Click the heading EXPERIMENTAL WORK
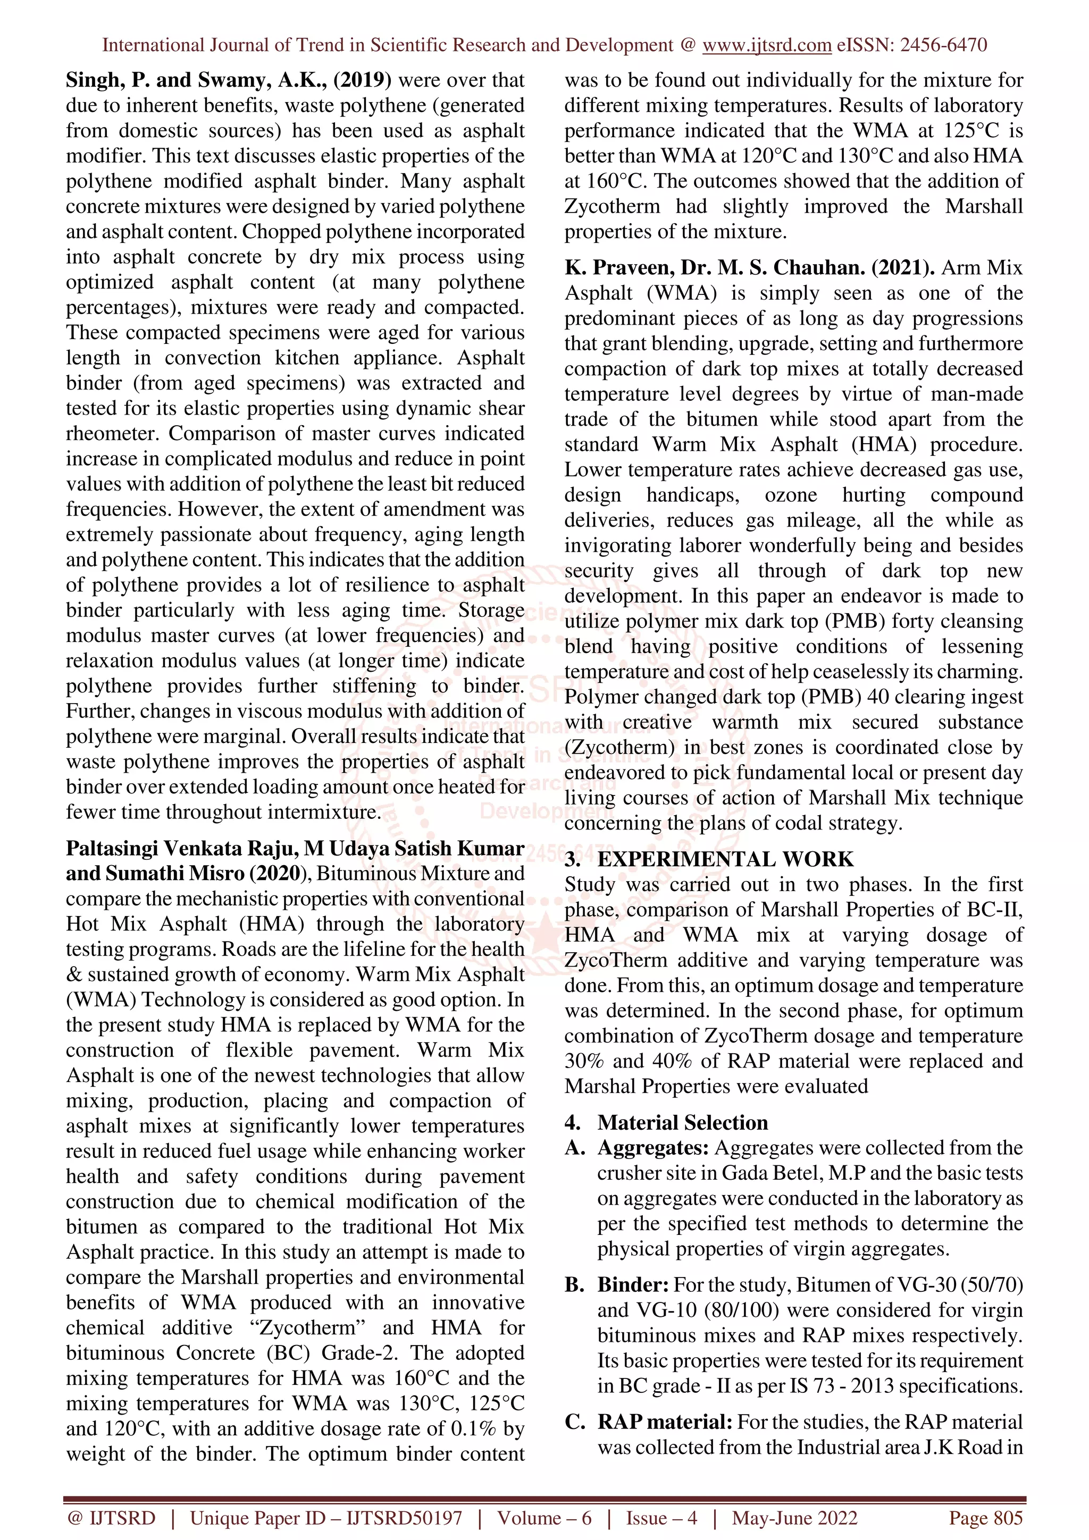click(x=725, y=859)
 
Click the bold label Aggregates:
click(x=653, y=1148)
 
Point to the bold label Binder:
click(x=633, y=1284)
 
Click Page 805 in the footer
click(x=985, y=1518)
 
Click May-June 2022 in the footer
click(x=794, y=1518)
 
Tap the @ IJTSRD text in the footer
click(x=111, y=1518)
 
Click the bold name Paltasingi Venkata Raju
click(x=181, y=849)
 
